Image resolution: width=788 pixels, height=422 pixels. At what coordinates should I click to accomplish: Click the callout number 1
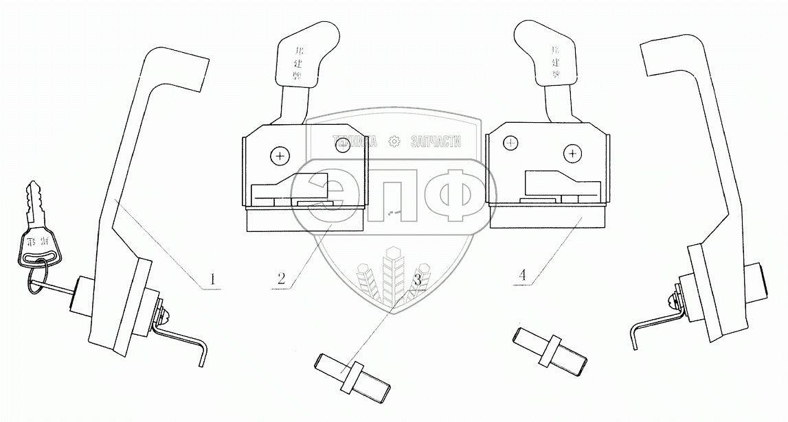click(213, 279)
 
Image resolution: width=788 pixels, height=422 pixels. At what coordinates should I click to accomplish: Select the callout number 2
click(281, 279)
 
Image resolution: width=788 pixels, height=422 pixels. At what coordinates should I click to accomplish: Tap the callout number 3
click(418, 279)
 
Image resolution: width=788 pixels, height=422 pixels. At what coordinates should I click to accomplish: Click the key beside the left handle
click(38, 226)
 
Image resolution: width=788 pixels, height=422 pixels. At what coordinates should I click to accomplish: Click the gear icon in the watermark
click(394, 141)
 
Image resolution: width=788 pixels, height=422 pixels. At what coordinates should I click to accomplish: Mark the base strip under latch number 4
click(548, 218)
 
